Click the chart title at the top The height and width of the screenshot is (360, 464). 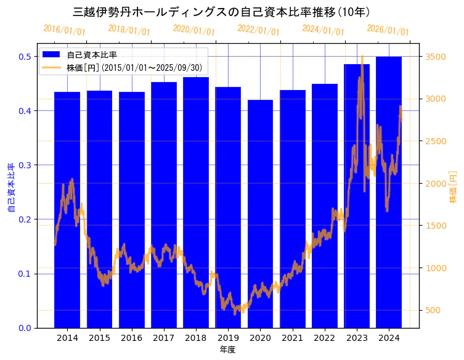pyautogui.click(x=222, y=12)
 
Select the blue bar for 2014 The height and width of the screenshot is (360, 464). pyautogui.click(x=67, y=210)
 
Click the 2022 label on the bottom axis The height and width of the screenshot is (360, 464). pyautogui.click(x=324, y=338)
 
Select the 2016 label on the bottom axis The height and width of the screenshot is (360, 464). pyautogui.click(x=131, y=338)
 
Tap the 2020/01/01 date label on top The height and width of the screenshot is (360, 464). pyautogui.click(x=193, y=30)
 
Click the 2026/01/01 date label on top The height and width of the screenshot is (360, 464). pyautogui.click(x=388, y=30)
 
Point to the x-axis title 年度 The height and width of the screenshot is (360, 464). pyautogui.click(x=228, y=350)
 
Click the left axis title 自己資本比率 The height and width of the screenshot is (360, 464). pyautogui.click(x=10, y=187)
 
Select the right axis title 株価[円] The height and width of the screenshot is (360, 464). pyautogui.click(x=454, y=187)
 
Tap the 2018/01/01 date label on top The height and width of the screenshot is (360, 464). pyautogui.click(x=129, y=30)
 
